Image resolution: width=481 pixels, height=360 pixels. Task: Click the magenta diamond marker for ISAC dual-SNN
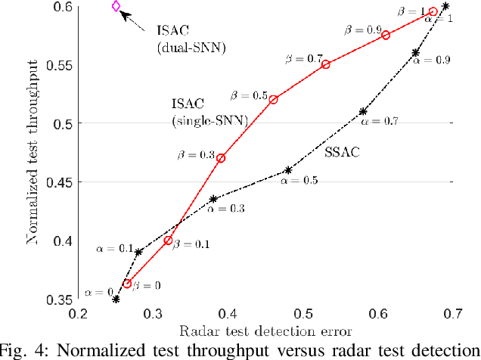pyautogui.click(x=116, y=6)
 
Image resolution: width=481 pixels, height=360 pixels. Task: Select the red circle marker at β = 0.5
pyautogui.click(x=273, y=100)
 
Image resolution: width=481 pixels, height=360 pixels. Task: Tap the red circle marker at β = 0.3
pyautogui.click(x=221, y=158)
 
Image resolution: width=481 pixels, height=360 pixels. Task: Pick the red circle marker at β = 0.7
pyautogui.click(x=326, y=64)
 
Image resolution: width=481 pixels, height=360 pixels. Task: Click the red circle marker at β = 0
pyautogui.click(x=127, y=284)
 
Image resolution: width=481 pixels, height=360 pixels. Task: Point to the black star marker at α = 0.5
pyautogui.click(x=288, y=170)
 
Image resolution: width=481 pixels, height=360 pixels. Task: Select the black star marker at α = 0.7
pyautogui.click(x=363, y=111)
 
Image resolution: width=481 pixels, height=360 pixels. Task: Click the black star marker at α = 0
pyautogui.click(x=116, y=299)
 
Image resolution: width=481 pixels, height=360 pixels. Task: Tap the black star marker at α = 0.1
pyautogui.click(x=138, y=252)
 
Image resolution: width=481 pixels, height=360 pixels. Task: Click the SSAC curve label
pyautogui.click(x=341, y=152)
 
